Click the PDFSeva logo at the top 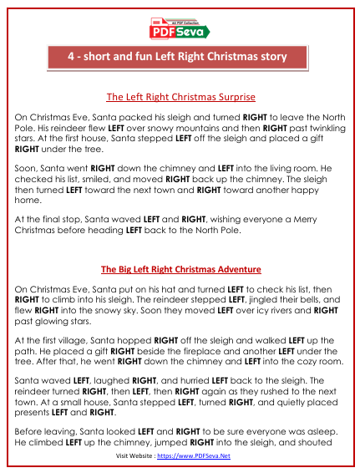coord(180,28)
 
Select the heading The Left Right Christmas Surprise coord(180,97)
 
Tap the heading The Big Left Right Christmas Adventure coord(180,270)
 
